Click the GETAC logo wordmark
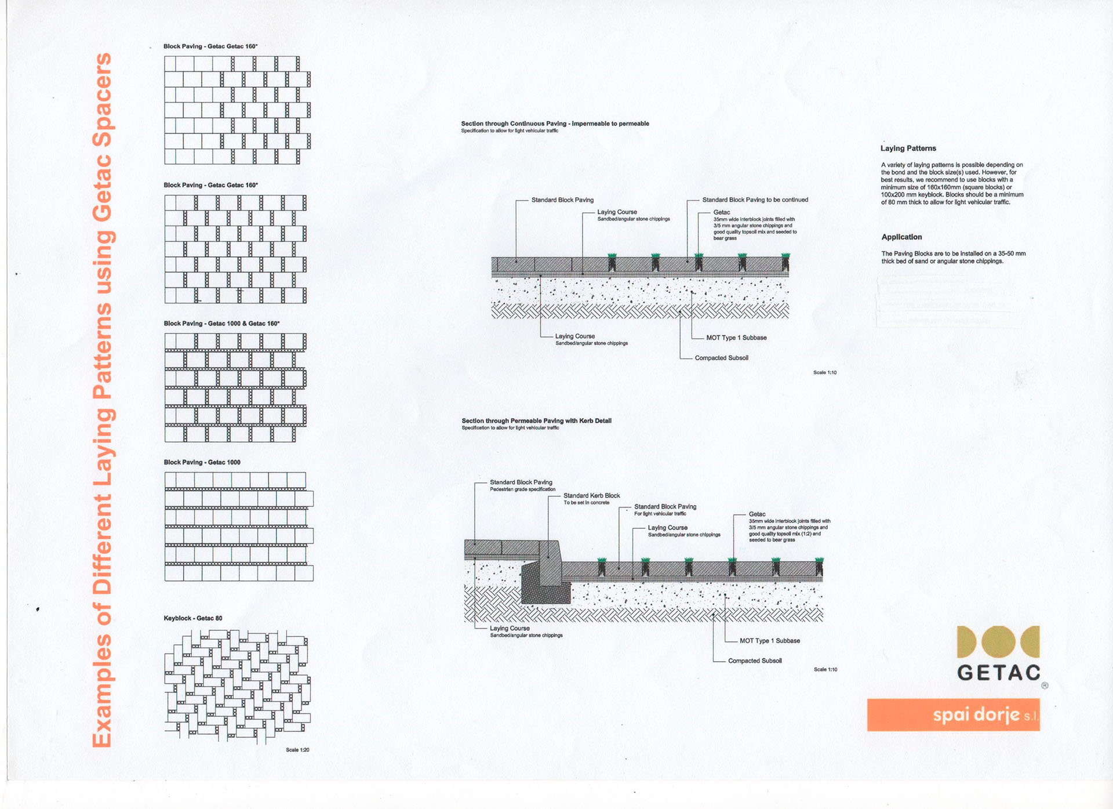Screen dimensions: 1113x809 click(x=999, y=673)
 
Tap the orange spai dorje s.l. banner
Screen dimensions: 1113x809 click(x=954, y=714)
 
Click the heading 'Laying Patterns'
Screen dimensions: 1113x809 click(x=908, y=148)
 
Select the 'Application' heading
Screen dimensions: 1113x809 click(x=901, y=237)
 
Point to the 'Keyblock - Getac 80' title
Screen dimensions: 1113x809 click(x=193, y=618)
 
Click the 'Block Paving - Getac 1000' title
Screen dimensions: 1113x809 click(x=202, y=462)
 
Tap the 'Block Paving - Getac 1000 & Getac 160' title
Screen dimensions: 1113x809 click(x=221, y=324)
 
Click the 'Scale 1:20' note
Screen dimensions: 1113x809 click(x=297, y=750)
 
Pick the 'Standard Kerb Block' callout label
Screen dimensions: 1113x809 click(x=592, y=496)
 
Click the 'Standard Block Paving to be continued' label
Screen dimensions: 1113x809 click(x=755, y=200)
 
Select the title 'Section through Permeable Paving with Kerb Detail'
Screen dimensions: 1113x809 click(x=536, y=421)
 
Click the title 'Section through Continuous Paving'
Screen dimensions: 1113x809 click(x=514, y=124)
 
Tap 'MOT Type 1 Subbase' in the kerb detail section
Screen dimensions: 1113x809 click(x=770, y=641)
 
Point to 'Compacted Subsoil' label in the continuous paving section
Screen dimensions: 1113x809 click(x=722, y=358)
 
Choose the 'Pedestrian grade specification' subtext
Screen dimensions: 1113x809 click(x=522, y=489)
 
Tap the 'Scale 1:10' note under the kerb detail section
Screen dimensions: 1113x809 click(x=825, y=670)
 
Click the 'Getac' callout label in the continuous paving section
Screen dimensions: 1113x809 click(x=722, y=213)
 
